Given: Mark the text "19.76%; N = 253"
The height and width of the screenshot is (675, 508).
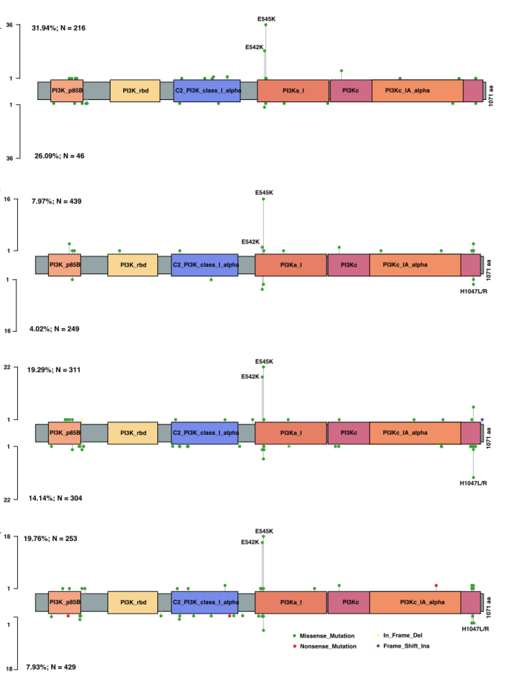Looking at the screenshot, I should pos(56,539).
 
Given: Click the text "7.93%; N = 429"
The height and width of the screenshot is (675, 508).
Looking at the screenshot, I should pos(54,667).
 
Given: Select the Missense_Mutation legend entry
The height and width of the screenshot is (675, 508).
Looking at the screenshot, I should pos(327,636).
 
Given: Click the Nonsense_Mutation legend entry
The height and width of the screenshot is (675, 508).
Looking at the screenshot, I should pos(327,646).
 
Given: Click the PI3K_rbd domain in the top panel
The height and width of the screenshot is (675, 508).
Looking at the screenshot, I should pos(135,91).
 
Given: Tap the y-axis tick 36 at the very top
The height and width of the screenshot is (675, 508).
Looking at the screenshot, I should pos(10,25).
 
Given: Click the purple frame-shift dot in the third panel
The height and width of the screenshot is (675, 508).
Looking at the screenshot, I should pos(482,419).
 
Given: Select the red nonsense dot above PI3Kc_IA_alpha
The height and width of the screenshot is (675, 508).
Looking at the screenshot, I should pos(436,585).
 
